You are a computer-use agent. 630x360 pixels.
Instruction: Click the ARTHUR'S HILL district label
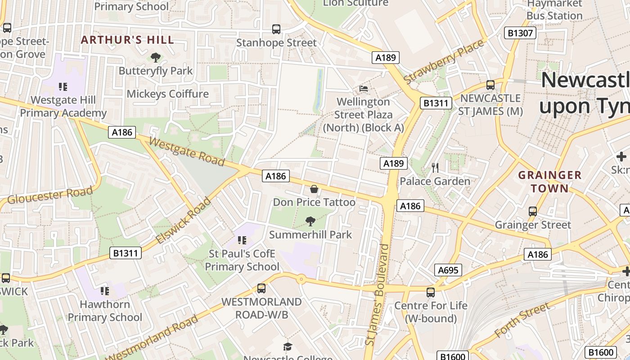click(127, 40)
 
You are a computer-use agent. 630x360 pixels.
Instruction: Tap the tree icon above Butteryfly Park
click(156, 57)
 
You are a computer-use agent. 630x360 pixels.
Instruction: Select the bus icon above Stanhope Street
click(276, 29)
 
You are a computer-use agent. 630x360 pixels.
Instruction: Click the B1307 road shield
click(520, 33)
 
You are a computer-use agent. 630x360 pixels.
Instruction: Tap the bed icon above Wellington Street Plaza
click(364, 88)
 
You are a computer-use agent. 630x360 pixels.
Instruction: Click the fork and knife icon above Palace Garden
click(435, 168)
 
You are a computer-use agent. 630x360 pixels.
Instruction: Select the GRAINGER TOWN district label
click(549, 181)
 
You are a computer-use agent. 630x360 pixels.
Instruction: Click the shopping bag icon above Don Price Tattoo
click(314, 189)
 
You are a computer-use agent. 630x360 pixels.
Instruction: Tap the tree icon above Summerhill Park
click(310, 221)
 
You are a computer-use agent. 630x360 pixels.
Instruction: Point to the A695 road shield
click(448, 270)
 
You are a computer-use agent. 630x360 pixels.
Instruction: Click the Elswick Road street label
click(183, 221)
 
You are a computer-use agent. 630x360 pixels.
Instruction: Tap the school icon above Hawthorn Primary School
click(105, 291)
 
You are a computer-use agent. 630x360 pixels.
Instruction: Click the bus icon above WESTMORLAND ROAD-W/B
click(261, 288)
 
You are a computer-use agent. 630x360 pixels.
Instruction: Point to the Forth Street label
click(522, 320)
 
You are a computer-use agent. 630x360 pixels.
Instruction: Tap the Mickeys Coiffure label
click(168, 94)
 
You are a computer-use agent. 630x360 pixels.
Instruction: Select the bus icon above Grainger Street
click(533, 211)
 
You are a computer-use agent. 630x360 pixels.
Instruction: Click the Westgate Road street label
click(186, 152)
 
